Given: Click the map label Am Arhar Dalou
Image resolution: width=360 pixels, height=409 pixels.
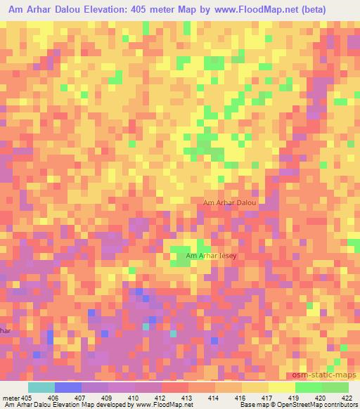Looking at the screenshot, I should (x=229, y=202).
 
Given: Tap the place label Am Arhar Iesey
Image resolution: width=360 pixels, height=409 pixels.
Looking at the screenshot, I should (x=211, y=256).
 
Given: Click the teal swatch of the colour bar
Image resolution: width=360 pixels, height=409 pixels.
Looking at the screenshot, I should (x=41, y=387).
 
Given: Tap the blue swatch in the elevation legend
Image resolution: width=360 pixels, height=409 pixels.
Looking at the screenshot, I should (x=68, y=387).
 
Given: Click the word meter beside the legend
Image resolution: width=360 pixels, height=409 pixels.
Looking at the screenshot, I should (x=9, y=398).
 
